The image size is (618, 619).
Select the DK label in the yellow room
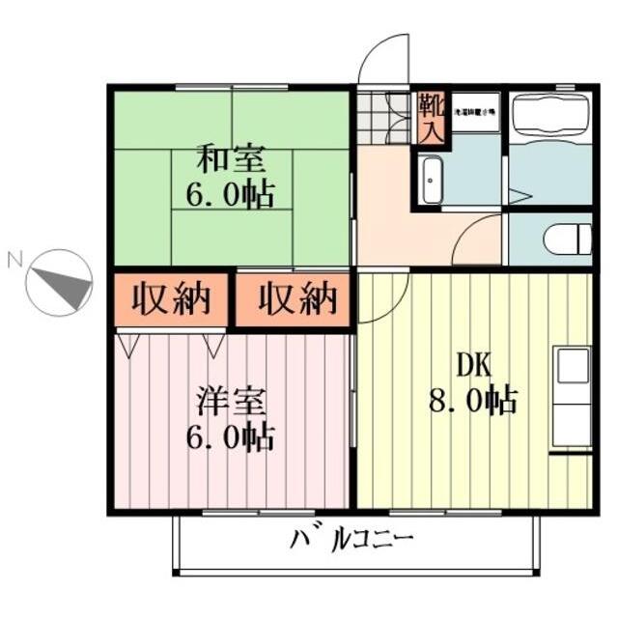(x=473, y=364)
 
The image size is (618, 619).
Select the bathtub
(x=549, y=116)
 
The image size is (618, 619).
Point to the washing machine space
(x=476, y=112)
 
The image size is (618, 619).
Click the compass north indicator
(x=60, y=281)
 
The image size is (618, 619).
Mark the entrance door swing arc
(x=384, y=58)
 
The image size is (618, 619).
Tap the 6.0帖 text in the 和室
(x=230, y=192)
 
